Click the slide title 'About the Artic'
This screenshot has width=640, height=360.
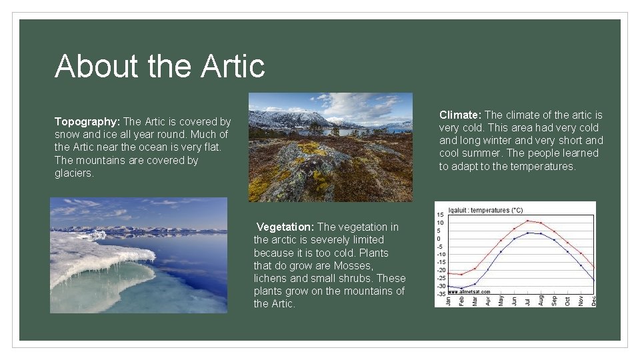tap(160, 66)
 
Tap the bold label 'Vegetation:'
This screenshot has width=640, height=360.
tap(285, 227)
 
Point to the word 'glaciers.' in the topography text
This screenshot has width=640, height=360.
tap(75, 173)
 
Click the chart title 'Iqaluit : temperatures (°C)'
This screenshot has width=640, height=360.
tap(486, 210)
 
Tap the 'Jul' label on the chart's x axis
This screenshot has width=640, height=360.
tap(527, 301)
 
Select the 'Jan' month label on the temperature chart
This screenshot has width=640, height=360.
tap(448, 301)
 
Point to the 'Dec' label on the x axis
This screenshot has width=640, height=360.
tap(593, 301)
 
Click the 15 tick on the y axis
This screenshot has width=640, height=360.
tap(440, 215)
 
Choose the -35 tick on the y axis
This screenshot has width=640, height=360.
tap(440, 294)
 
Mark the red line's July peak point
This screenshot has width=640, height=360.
tap(527, 221)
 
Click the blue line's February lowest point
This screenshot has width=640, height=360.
tap(461, 289)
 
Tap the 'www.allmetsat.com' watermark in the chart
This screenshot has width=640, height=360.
tap(469, 291)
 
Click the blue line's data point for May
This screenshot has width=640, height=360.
tap(501, 252)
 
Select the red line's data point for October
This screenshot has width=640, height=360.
tap(567, 243)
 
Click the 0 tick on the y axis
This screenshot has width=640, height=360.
tap(440, 239)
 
